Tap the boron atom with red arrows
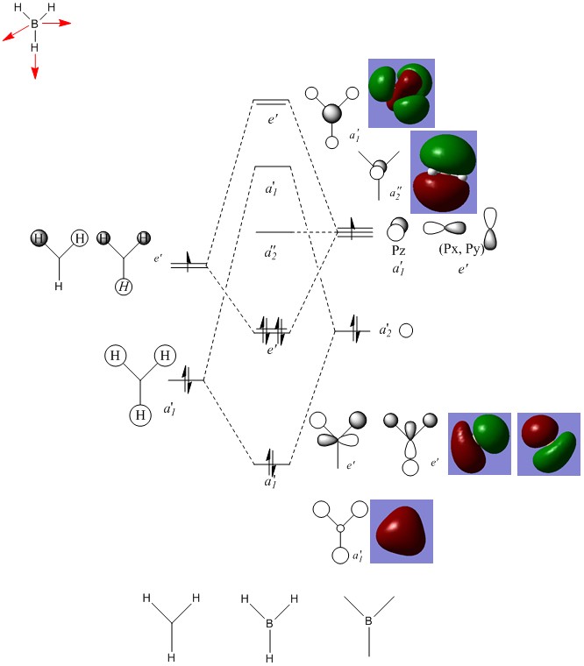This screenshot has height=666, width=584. [x=35, y=25]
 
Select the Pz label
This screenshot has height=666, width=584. [x=398, y=251]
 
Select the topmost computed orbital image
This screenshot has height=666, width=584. [x=401, y=92]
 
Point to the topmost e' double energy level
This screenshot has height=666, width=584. [x=271, y=102]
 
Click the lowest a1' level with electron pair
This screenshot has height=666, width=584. [x=272, y=461]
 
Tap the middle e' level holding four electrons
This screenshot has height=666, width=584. [x=272, y=332]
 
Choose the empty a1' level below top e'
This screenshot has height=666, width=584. [x=272, y=166]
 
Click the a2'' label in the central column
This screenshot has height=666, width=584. [x=272, y=253]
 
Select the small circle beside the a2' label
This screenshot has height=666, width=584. [x=406, y=330]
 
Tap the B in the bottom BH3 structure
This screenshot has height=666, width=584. [x=270, y=625]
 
